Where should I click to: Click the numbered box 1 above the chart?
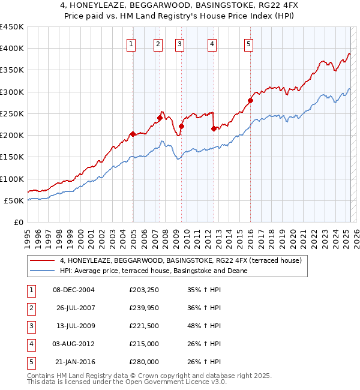[x=131, y=43]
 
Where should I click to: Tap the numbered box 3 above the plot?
[x=179, y=43]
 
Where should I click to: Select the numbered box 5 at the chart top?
[x=248, y=43]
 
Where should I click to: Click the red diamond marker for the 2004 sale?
[x=133, y=134]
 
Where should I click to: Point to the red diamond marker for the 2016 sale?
[x=250, y=100]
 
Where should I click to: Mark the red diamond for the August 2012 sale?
[x=214, y=128]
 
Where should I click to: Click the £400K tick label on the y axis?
[x=12, y=49]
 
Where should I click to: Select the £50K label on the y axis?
[x=14, y=200]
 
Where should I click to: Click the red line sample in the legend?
[x=42, y=260]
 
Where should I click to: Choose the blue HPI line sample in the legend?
[x=42, y=271]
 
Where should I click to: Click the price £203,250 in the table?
[x=144, y=290]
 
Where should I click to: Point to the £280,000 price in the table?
[x=144, y=362]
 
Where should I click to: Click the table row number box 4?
[x=31, y=344]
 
